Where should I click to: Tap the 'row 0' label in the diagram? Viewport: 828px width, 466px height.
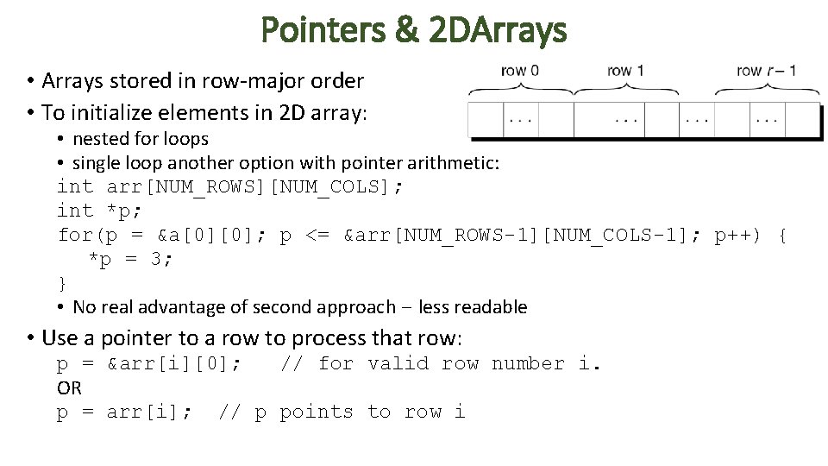(520, 71)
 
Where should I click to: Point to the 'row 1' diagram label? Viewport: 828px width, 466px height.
(625, 71)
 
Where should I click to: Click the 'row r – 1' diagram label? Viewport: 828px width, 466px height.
(767, 71)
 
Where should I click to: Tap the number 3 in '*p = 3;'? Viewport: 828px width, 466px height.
(156, 260)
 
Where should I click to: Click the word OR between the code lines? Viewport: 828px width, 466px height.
(69, 388)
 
